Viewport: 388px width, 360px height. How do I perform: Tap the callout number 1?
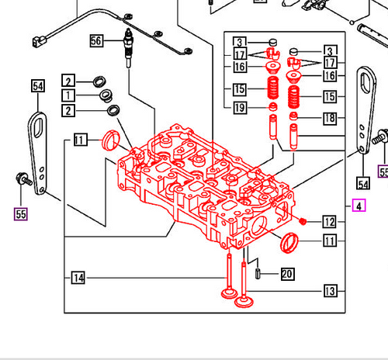(69, 95)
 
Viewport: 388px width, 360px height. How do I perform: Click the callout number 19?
(240, 106)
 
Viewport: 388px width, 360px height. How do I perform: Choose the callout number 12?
(330, 223)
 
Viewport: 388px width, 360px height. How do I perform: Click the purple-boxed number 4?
(358, 206)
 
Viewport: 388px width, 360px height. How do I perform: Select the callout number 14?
(78, 277)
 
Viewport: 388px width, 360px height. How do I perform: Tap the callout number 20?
(287, 273)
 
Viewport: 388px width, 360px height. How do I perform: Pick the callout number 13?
(330, 291)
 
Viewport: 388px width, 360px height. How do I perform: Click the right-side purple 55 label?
(383, 171)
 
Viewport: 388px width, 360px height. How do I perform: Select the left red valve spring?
(272, 86)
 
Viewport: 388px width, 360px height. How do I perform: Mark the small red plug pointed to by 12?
(303, 222)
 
